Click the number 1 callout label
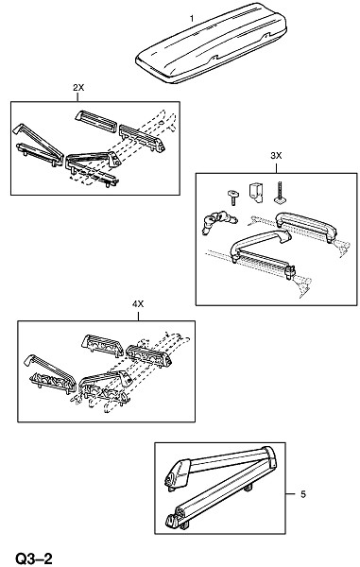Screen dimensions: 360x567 (192, 19)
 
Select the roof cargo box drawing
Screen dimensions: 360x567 (212, 43)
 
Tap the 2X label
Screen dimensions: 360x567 (78, 88)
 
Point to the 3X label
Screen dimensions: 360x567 (276, 156)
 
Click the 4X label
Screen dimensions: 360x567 (138, 304)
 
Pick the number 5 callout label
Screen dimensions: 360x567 (303, 494)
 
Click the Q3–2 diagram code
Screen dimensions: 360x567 (34, 558)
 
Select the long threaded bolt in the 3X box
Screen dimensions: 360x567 (279, 193)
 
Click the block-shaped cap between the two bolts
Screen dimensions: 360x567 (255, 193)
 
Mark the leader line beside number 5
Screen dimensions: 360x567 (291, 494)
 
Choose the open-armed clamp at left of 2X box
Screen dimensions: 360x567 (38, 146)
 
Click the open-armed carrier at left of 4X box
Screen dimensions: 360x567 (50, 373)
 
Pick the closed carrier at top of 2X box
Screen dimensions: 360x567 (97, 120)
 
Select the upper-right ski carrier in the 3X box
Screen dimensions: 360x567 (306, 226)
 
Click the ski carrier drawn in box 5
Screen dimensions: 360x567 (220, 489)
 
